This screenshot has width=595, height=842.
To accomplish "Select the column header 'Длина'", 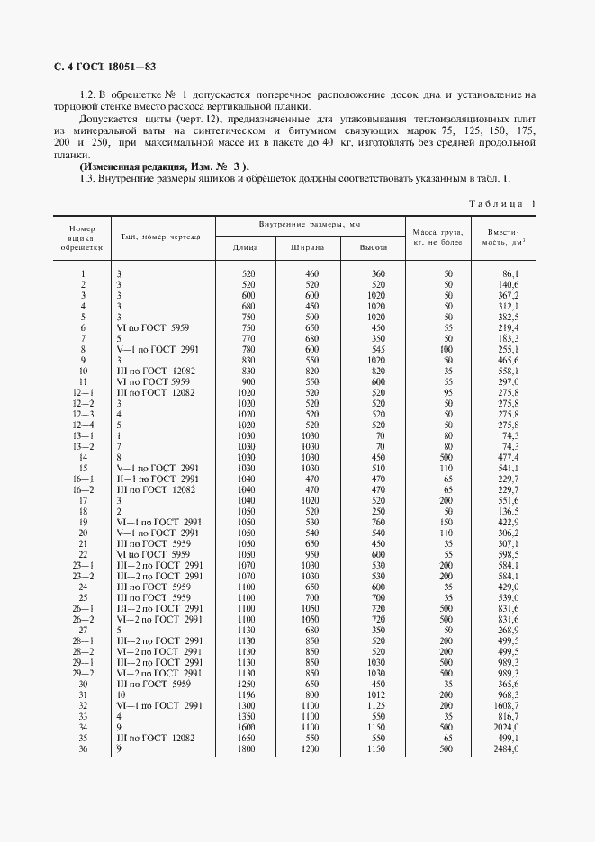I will [x=246, y=246].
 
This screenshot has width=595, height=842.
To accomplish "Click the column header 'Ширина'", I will [x=308, y=246].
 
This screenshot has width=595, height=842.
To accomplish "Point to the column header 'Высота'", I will [x=373, y=246].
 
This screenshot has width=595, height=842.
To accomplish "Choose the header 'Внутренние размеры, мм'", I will [x=309, y=223].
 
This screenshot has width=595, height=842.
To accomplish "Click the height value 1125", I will [x=374, y=706].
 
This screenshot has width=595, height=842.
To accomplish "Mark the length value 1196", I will [x=248, y=695].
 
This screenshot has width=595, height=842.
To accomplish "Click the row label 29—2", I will [x=83, y=674].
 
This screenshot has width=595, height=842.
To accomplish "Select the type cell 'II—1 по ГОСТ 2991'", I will [x=158, y=479].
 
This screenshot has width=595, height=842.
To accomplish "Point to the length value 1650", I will [x=248, y=738].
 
